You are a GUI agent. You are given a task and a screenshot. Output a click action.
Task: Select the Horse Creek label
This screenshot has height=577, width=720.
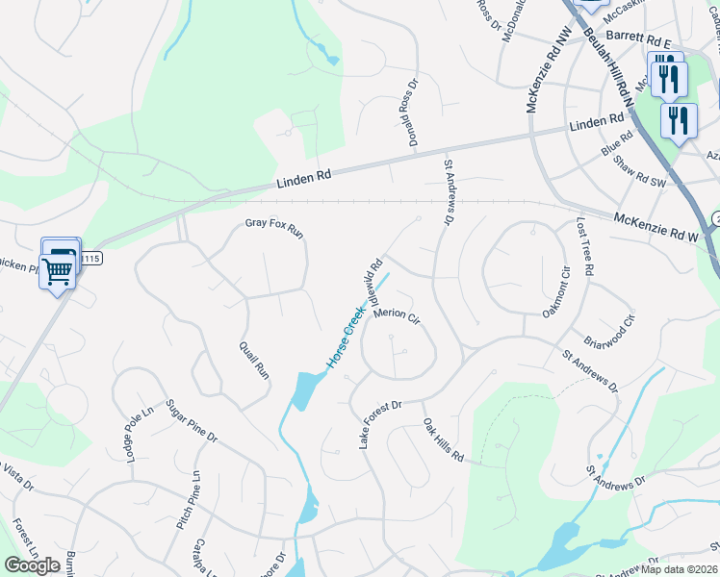[x=345, y=338]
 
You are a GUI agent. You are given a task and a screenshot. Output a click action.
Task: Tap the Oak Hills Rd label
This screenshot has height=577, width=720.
[x=443, y=440]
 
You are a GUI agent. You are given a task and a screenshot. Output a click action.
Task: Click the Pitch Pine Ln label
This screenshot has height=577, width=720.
[x=187, y=500]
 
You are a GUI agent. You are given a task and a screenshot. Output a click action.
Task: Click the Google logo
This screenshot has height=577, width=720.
[x=32, y=564]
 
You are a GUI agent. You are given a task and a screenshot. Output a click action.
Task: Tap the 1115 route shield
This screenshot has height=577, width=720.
[x=90, y=259]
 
